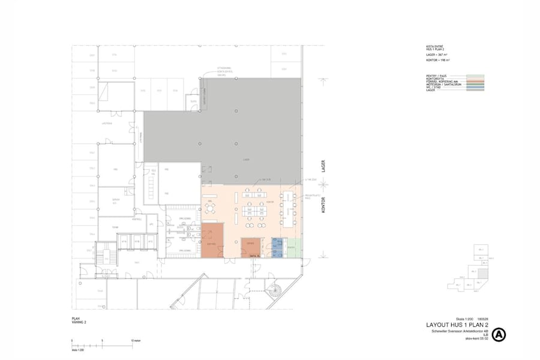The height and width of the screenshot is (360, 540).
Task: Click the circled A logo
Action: click(x=499, y=335)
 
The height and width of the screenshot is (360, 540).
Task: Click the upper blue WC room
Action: click(x=277, y=242)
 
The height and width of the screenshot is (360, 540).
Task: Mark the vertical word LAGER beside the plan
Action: click(x=323, y=166)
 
